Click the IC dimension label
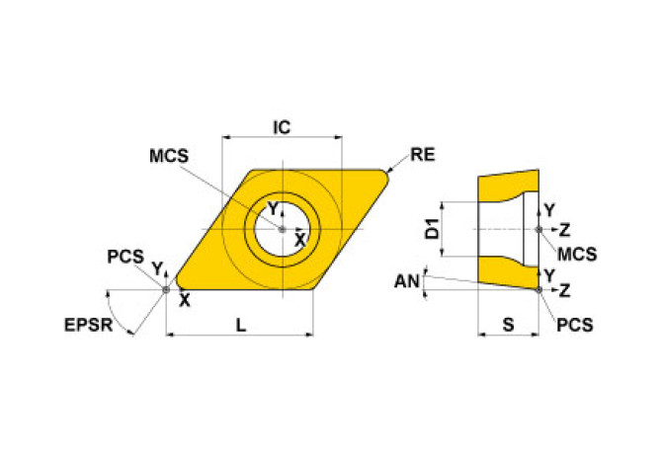(282, 127)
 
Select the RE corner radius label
(423, 155)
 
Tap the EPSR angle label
(88, 324)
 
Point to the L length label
(240, 324)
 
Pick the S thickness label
(508, 324)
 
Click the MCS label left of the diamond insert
(169, 156)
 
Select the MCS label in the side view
(577, 254)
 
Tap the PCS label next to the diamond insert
(125, 257)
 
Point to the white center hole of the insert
(282, 230)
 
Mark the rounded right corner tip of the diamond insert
(386, 177)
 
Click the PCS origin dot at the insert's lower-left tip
(166, 289)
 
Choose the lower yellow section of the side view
(508, 270)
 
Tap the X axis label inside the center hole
(299, 240)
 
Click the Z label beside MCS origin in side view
(564, 230)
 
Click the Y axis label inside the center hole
(276, 209)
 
